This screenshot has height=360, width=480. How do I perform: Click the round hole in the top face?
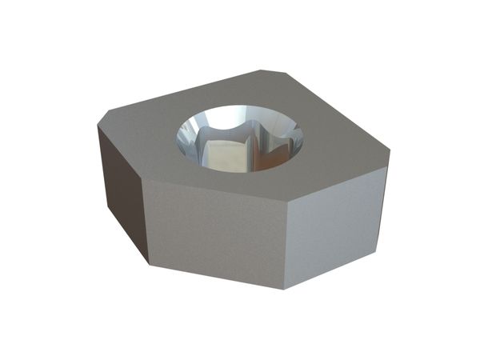(x=240, y=138)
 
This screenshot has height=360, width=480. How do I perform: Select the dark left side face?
(x=121, y=192)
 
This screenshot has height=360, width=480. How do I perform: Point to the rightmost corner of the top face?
(x=390, y=150)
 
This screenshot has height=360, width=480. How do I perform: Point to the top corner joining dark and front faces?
(x=142, y=178)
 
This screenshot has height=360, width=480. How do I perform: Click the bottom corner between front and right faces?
(x=284, y=289)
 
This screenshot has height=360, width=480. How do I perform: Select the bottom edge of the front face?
(x=216, y=276)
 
